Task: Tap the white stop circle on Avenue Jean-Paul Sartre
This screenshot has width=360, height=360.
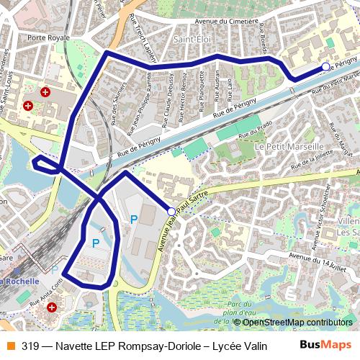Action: [171, 211]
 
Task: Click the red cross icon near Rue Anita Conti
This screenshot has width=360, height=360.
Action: [51, 307]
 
